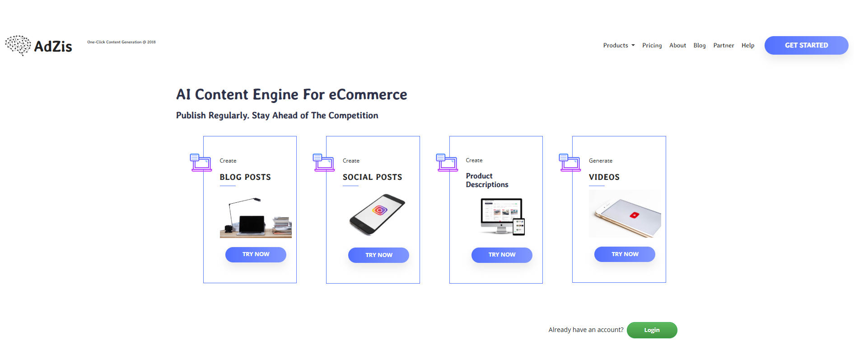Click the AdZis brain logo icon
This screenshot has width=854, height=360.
(x=18, y=45)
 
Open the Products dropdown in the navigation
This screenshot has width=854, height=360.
(x=619, y=45)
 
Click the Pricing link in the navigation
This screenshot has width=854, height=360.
(x=652, y=45)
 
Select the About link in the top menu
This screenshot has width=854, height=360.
(x=677, y=45)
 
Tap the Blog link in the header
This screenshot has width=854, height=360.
(x=700, y=45)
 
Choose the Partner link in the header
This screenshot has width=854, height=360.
(x=723, y=45)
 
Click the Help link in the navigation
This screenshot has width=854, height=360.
(x=748, y=45)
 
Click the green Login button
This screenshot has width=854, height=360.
(x=652, y=330)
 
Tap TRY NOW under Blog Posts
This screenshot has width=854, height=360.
(x=256, y=254)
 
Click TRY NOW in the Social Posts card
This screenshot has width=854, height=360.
(x=378, y=255)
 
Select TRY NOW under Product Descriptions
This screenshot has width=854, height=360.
(x=502, y=255)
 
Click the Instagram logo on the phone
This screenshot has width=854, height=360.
(x=380, y=210)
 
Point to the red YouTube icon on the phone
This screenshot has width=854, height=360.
(x=635, y=215)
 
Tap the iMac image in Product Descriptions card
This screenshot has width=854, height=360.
(x=501, y=216)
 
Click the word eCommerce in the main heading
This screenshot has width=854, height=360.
(x=368, y=94)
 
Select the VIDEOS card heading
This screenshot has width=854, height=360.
(x=604, y=177)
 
